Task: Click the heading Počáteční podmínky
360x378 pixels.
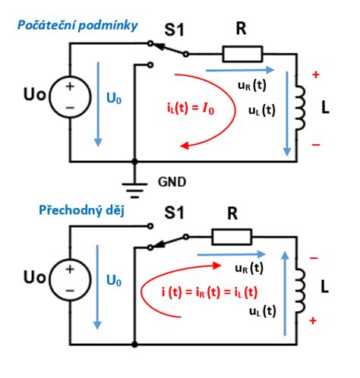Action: (x=77, y=26)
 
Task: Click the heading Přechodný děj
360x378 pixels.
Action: (x=81, y=210)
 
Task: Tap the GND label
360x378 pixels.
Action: (x=172, y=182)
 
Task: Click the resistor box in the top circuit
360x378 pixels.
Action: (x=242, y=54)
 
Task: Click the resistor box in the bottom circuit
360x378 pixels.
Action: (x=232, y=237)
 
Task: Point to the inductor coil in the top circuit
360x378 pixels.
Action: (x=301, y=108)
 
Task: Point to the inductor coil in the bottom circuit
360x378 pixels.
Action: (x=301, y=291)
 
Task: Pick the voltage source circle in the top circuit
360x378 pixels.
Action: (x=70, y=97)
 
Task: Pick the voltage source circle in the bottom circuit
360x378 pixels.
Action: (x=70, y=279)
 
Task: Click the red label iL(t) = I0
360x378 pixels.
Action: (x=191, y=109)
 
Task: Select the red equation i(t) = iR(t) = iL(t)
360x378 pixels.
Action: (x=210, y=292)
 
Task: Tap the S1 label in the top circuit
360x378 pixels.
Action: (x=174, y=30)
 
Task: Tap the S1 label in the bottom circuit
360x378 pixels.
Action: (x=174, y=213)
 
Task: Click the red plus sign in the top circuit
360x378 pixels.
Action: (x=316, y=74)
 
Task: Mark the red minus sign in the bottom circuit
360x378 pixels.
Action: (x=314, y=258)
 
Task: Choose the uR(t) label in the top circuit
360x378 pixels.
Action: (x=252, y=85)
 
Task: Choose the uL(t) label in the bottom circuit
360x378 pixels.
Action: (x=263, y=311)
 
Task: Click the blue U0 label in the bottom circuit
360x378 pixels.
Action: (x=114, y=280)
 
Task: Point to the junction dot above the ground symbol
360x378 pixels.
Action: (x=134, y=161)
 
